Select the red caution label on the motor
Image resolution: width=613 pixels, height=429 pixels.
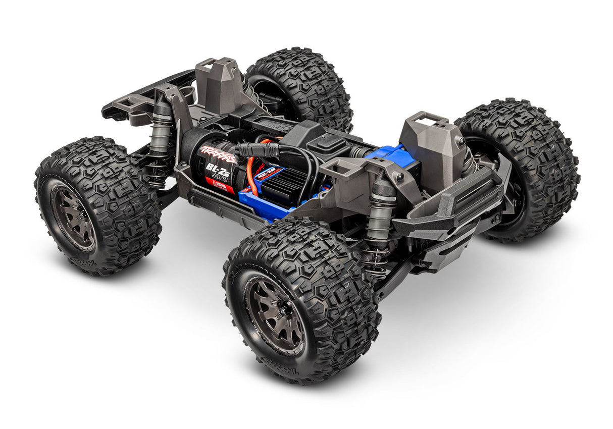pyautogui.click(x=222, y=187)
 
